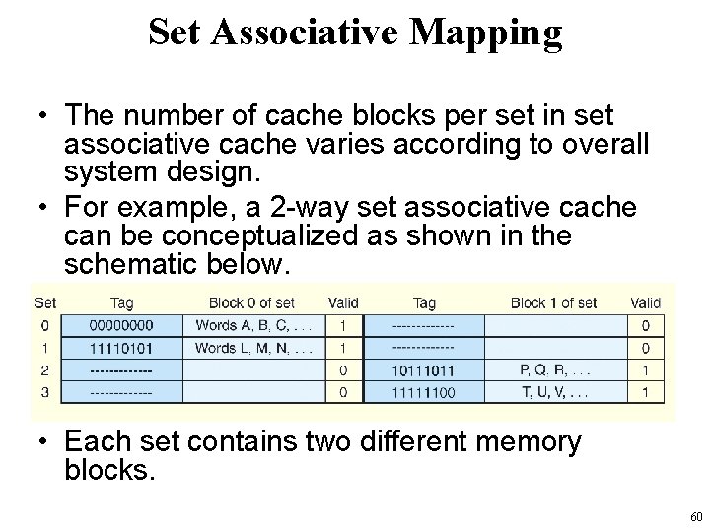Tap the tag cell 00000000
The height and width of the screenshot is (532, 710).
pos(120,324)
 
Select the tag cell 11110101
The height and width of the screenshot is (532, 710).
pos(120,348)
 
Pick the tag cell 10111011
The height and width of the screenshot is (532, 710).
pos(424,371)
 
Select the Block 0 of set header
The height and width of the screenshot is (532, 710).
pos(250,302)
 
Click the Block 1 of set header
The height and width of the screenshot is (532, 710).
pos(553,302)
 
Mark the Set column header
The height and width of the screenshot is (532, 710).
pos(45,302)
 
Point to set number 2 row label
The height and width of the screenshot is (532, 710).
pos(43,371)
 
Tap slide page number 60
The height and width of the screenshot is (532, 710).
pos(694,516)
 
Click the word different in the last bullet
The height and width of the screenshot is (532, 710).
pos(418,442)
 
